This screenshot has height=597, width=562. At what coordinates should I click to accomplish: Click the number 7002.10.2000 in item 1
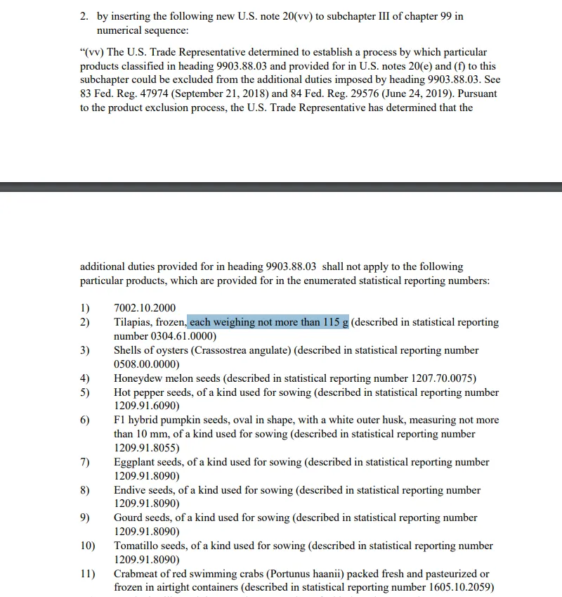tap(145, 308)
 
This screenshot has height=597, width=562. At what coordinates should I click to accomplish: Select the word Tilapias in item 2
tap(132, 322)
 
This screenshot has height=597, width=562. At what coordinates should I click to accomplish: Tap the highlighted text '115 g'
tap(336, 322)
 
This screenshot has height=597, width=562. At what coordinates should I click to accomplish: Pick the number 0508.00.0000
tap(146, 364)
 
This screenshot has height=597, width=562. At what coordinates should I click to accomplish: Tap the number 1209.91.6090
tap(146, 406)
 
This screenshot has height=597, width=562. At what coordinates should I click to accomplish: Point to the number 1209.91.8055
tap(146, 448)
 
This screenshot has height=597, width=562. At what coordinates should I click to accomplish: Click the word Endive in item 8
tap(130, 490)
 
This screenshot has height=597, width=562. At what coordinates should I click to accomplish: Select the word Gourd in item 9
tap(129, 518)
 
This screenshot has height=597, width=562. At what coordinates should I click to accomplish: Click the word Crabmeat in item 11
tap(137, 574)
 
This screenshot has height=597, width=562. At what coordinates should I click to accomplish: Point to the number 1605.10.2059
tap(459, 587)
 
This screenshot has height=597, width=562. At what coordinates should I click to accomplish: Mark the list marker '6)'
tap(85, 420)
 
